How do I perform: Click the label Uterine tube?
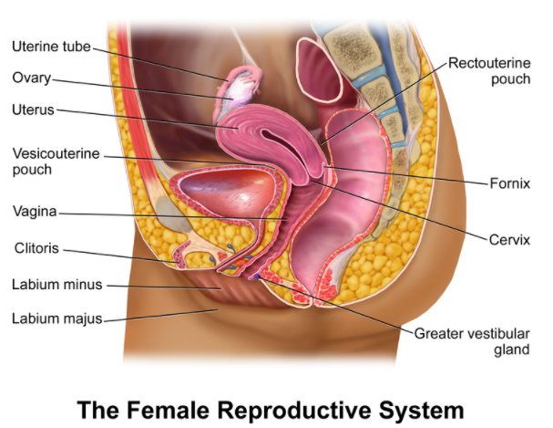coord(51,47)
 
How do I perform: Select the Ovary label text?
coord(31,78)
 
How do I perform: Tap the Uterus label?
coord(33,110)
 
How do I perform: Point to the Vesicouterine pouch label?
coord(56,162)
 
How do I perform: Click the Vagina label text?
coord(35,211)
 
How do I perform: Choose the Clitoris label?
coord(36,248)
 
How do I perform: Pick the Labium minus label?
coord(57,285)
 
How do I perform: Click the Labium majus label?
coord(57,318)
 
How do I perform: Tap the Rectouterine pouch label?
coord(489,70)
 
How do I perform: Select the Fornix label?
coord(509,183)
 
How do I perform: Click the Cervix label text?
coord(509,240)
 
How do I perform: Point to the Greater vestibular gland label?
coord(472,341)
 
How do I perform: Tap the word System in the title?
coord(421,411)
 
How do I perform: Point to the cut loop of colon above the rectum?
coord(319,69)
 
